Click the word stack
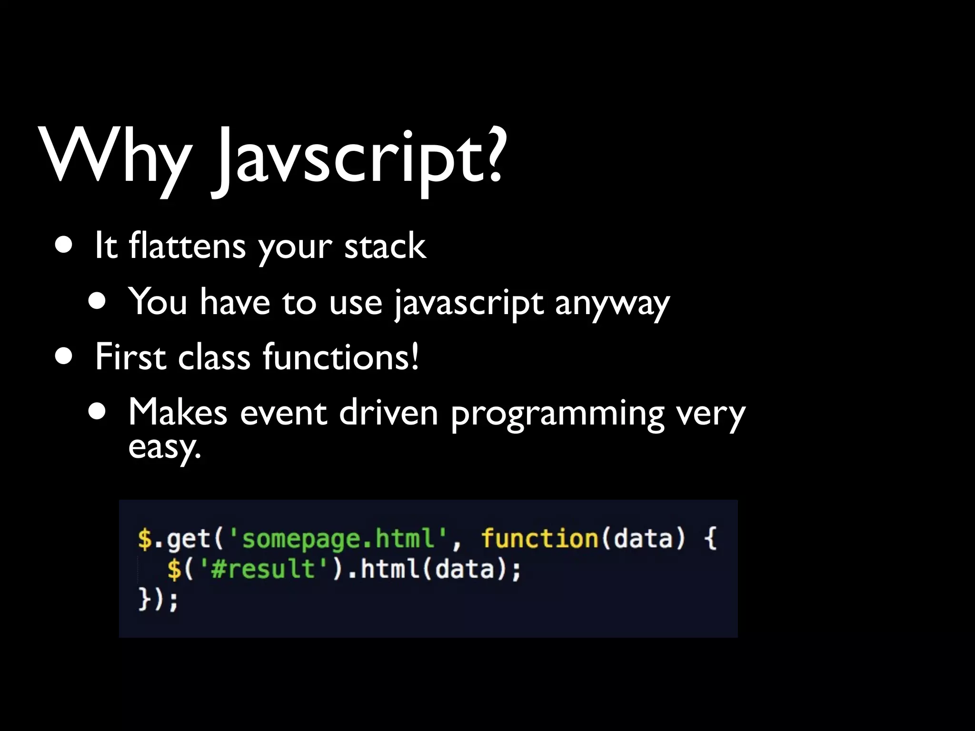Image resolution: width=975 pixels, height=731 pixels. coord(385,246)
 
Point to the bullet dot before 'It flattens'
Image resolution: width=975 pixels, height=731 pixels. coord(64,246)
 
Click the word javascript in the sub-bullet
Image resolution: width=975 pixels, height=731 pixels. coord(468,303)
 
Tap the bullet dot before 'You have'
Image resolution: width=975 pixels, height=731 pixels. coord(97,302)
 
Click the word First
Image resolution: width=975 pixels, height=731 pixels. coord(130,357)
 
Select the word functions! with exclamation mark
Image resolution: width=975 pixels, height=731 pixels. coord(341,357)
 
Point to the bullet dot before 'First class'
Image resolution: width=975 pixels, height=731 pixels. coord(64,356)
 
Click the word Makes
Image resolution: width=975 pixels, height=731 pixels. coord(178,412)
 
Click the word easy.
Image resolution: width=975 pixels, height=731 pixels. coord(164,448)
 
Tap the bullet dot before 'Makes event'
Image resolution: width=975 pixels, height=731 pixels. coord(97,412)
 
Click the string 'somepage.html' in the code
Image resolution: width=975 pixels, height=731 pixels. coord(338,539)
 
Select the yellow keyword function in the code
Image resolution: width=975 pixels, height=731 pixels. coord(540,538)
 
